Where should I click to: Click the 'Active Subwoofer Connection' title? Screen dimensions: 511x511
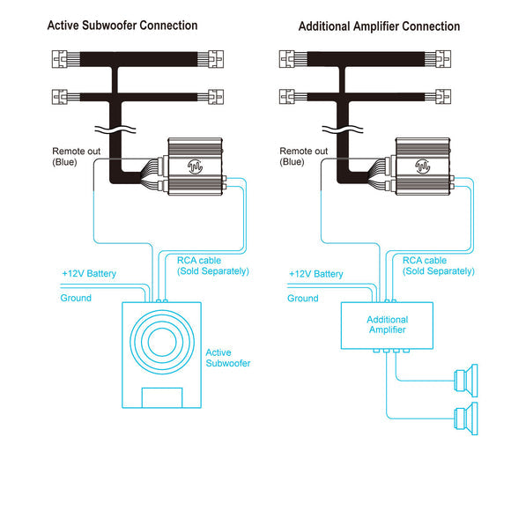122,26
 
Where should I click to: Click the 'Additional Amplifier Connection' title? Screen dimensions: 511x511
380,26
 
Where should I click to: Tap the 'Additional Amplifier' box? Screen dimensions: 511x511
387,326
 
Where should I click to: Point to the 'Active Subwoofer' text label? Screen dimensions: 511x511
228,358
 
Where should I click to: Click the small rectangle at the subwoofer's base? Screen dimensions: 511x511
162,397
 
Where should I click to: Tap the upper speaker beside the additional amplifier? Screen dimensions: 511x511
466,381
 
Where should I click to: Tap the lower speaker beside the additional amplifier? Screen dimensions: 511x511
466,418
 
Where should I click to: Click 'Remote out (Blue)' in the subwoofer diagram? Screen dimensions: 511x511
77,157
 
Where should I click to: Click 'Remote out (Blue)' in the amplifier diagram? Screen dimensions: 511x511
303,157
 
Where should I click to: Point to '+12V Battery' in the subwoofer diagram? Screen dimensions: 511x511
89,273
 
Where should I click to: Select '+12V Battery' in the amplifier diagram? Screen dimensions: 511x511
316,274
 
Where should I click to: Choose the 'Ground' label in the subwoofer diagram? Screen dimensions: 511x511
76,298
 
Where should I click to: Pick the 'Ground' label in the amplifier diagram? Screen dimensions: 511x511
303,298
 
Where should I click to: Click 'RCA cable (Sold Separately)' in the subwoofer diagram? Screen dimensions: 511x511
213,265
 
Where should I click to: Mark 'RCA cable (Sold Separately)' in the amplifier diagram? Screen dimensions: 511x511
439,265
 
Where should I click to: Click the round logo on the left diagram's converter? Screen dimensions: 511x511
195,167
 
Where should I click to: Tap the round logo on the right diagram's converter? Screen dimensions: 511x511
422,167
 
